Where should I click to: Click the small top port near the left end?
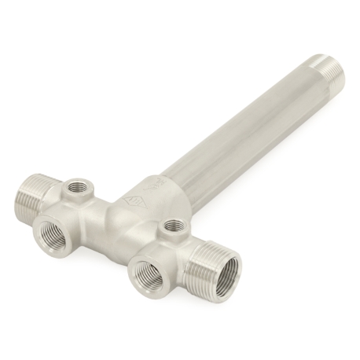click(77, 187)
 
